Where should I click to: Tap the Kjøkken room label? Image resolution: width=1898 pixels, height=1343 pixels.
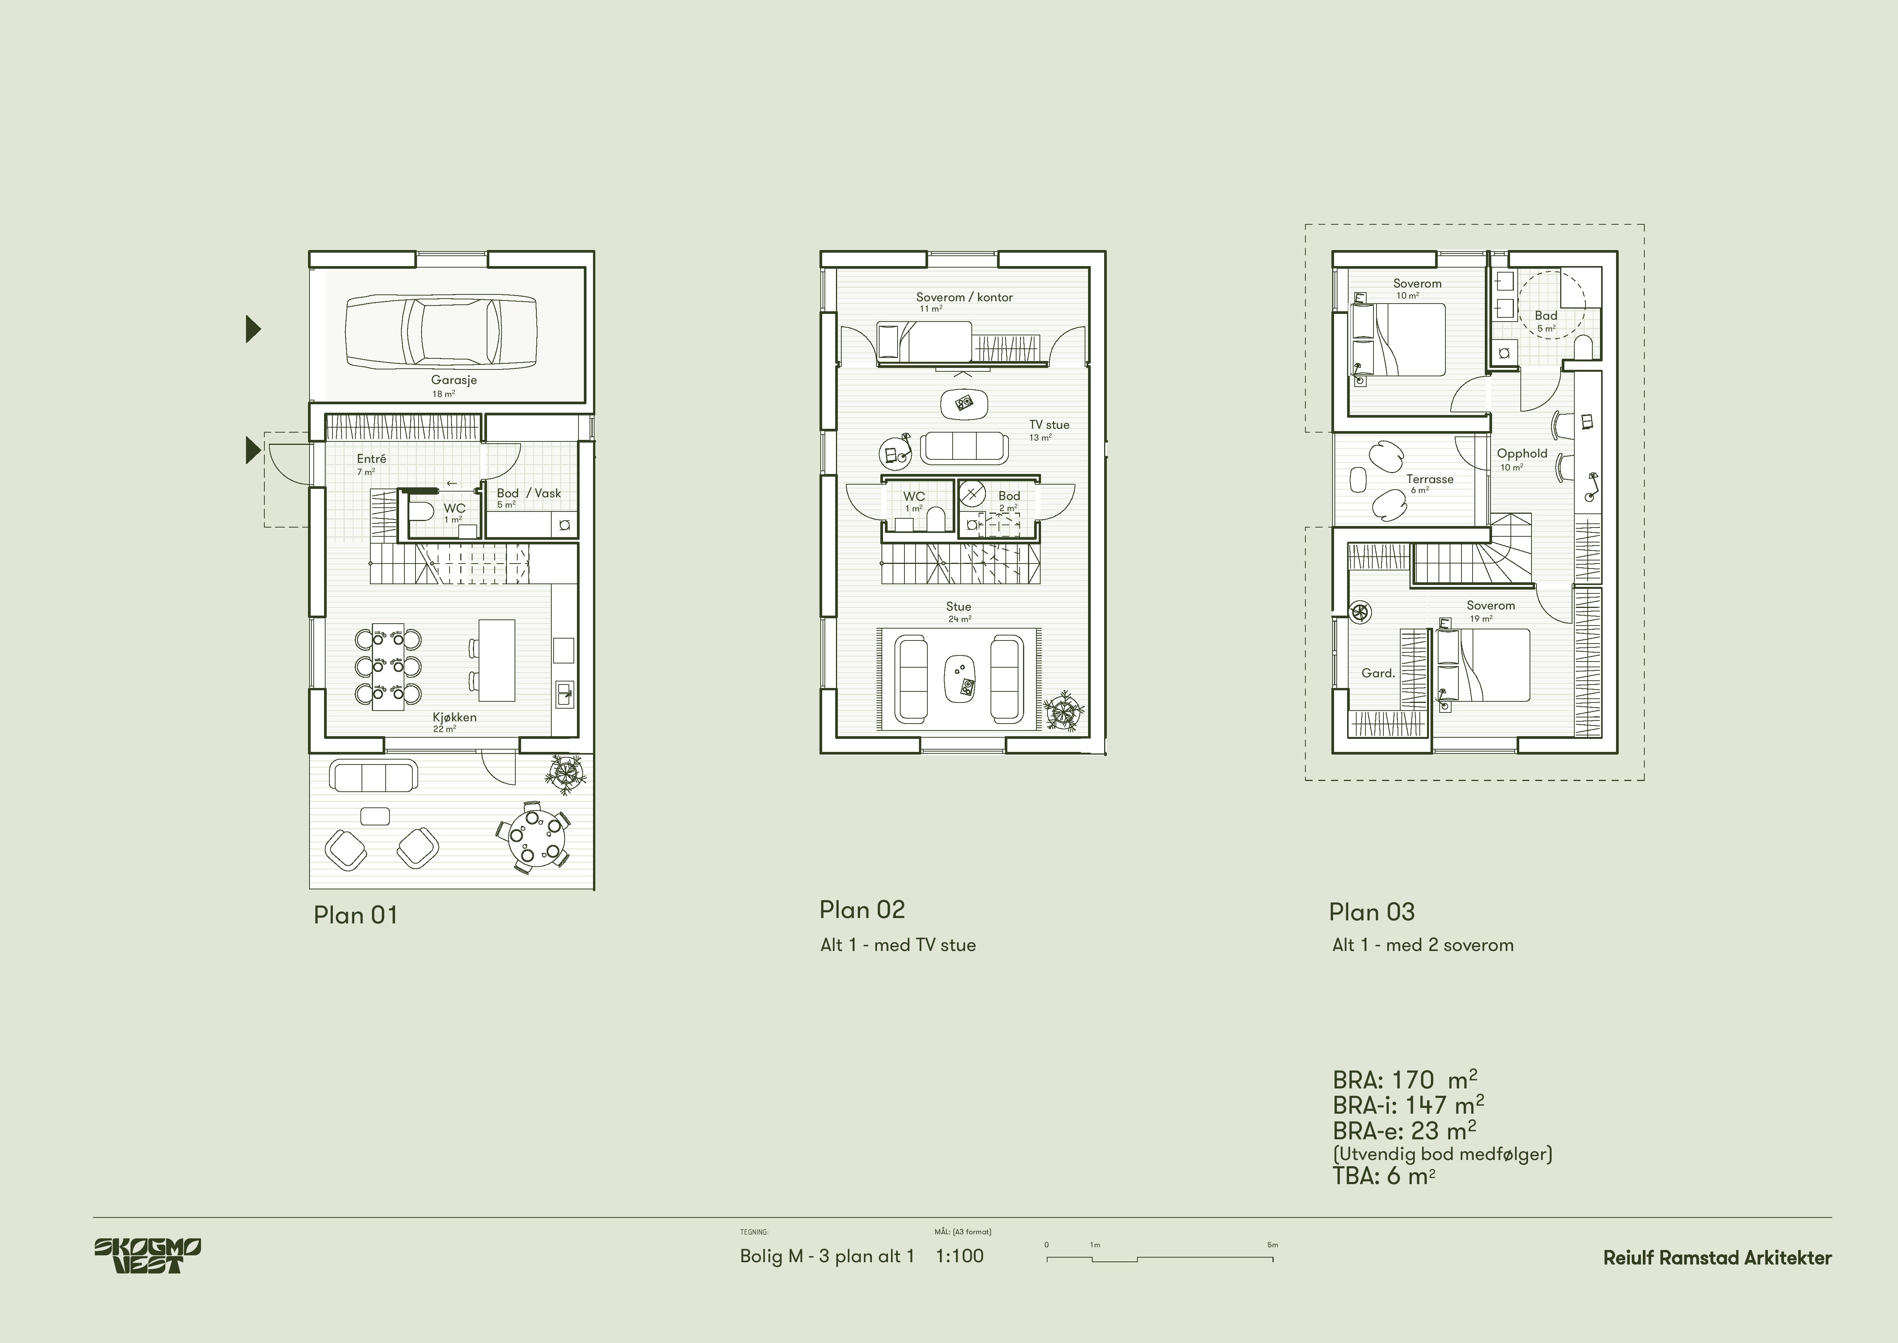pyautogui.click(x=455, y=717)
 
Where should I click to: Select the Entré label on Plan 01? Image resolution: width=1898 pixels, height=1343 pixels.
pyautogui.click(x=372, y=458)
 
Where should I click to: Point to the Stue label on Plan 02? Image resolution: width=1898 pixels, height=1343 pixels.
pyautogui.click(x=959, y=606)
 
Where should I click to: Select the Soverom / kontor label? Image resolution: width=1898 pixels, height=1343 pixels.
pyautogui.click(x=964, y=297)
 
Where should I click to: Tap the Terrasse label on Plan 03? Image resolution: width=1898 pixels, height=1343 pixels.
pyautogui.click(x=1430, y=479)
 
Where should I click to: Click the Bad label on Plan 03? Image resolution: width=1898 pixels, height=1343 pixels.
pyautogui.click(x=1546, y=315)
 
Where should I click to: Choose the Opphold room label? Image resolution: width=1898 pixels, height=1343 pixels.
pyautogui.click(x=1522, y=453)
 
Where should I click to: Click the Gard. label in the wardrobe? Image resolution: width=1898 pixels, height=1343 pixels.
pyautogui.click(x=1378, y=673)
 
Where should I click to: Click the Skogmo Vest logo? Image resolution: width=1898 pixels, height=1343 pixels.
pyautogui.click(x=147, y=1255)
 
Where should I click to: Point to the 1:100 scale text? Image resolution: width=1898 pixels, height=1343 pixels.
pyautogui.click(x=960, y=1255)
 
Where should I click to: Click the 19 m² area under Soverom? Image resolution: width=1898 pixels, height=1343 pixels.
pyautogui.click(x=1481, y=619)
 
